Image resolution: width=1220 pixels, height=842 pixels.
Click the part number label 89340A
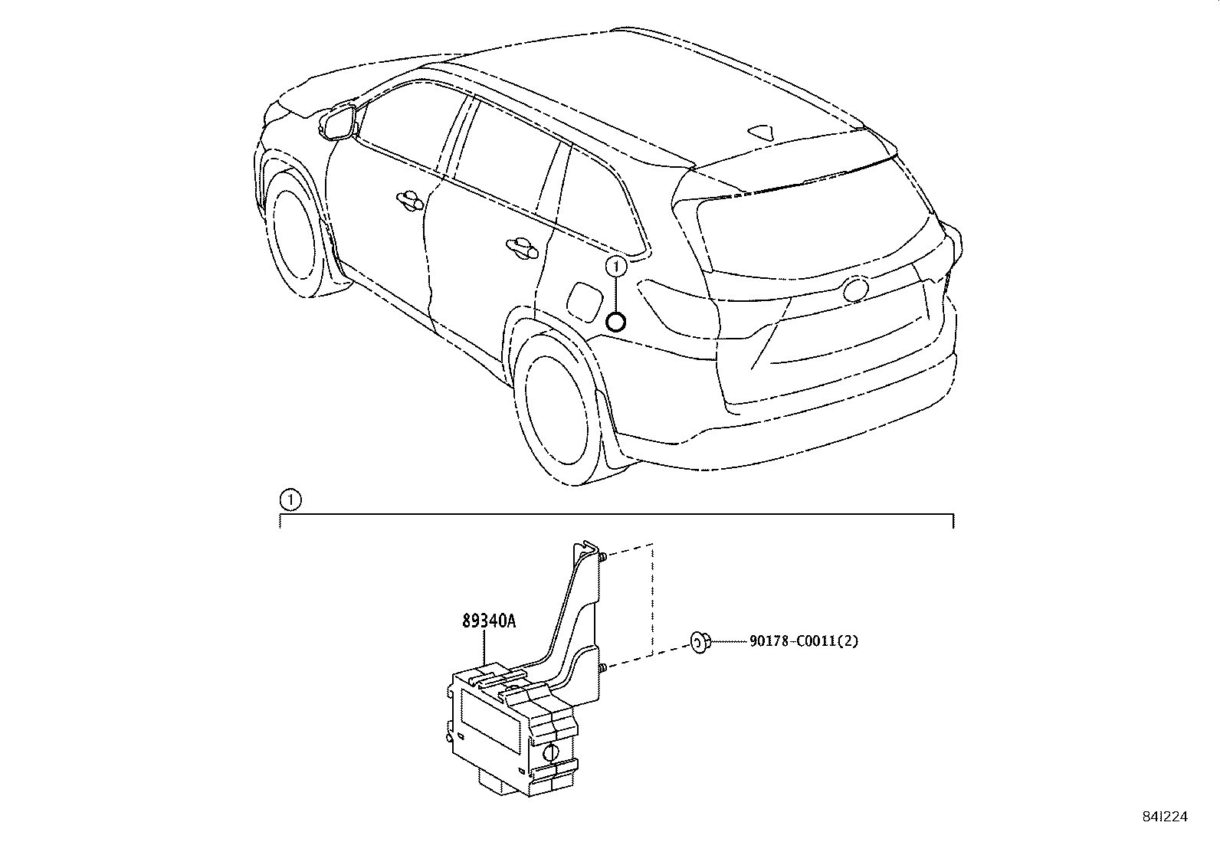pyautogui.click(x=489, y=621)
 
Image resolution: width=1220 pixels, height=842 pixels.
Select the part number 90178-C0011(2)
pyautogui.click(x=803, y=641)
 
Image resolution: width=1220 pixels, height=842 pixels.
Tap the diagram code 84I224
pyautogui.click(x=1165, y=817)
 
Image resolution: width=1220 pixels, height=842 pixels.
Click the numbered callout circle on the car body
pyautogui.click(x=616, y=267)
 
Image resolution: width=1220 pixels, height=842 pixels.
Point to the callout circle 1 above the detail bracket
pyautogui.click(x=290, y=500)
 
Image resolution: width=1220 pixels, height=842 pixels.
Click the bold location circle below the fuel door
pyautogui.click(x=616, y=323)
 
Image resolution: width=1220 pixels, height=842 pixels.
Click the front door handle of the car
pyautogui.click(x=409, y=201)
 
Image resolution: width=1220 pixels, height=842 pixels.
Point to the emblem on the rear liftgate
pyautogui.click(x=856, y=289)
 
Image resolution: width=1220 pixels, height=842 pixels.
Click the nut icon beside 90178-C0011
pyautogui.click(x=700, y=642)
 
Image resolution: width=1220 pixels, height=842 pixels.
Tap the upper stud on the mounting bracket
pyautogui.click(x=602, y=557)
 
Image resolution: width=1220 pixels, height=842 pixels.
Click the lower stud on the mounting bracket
pyautogui.click(x=602, y=668)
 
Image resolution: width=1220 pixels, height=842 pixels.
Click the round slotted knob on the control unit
pyautogui.click(x=551, y=752)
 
